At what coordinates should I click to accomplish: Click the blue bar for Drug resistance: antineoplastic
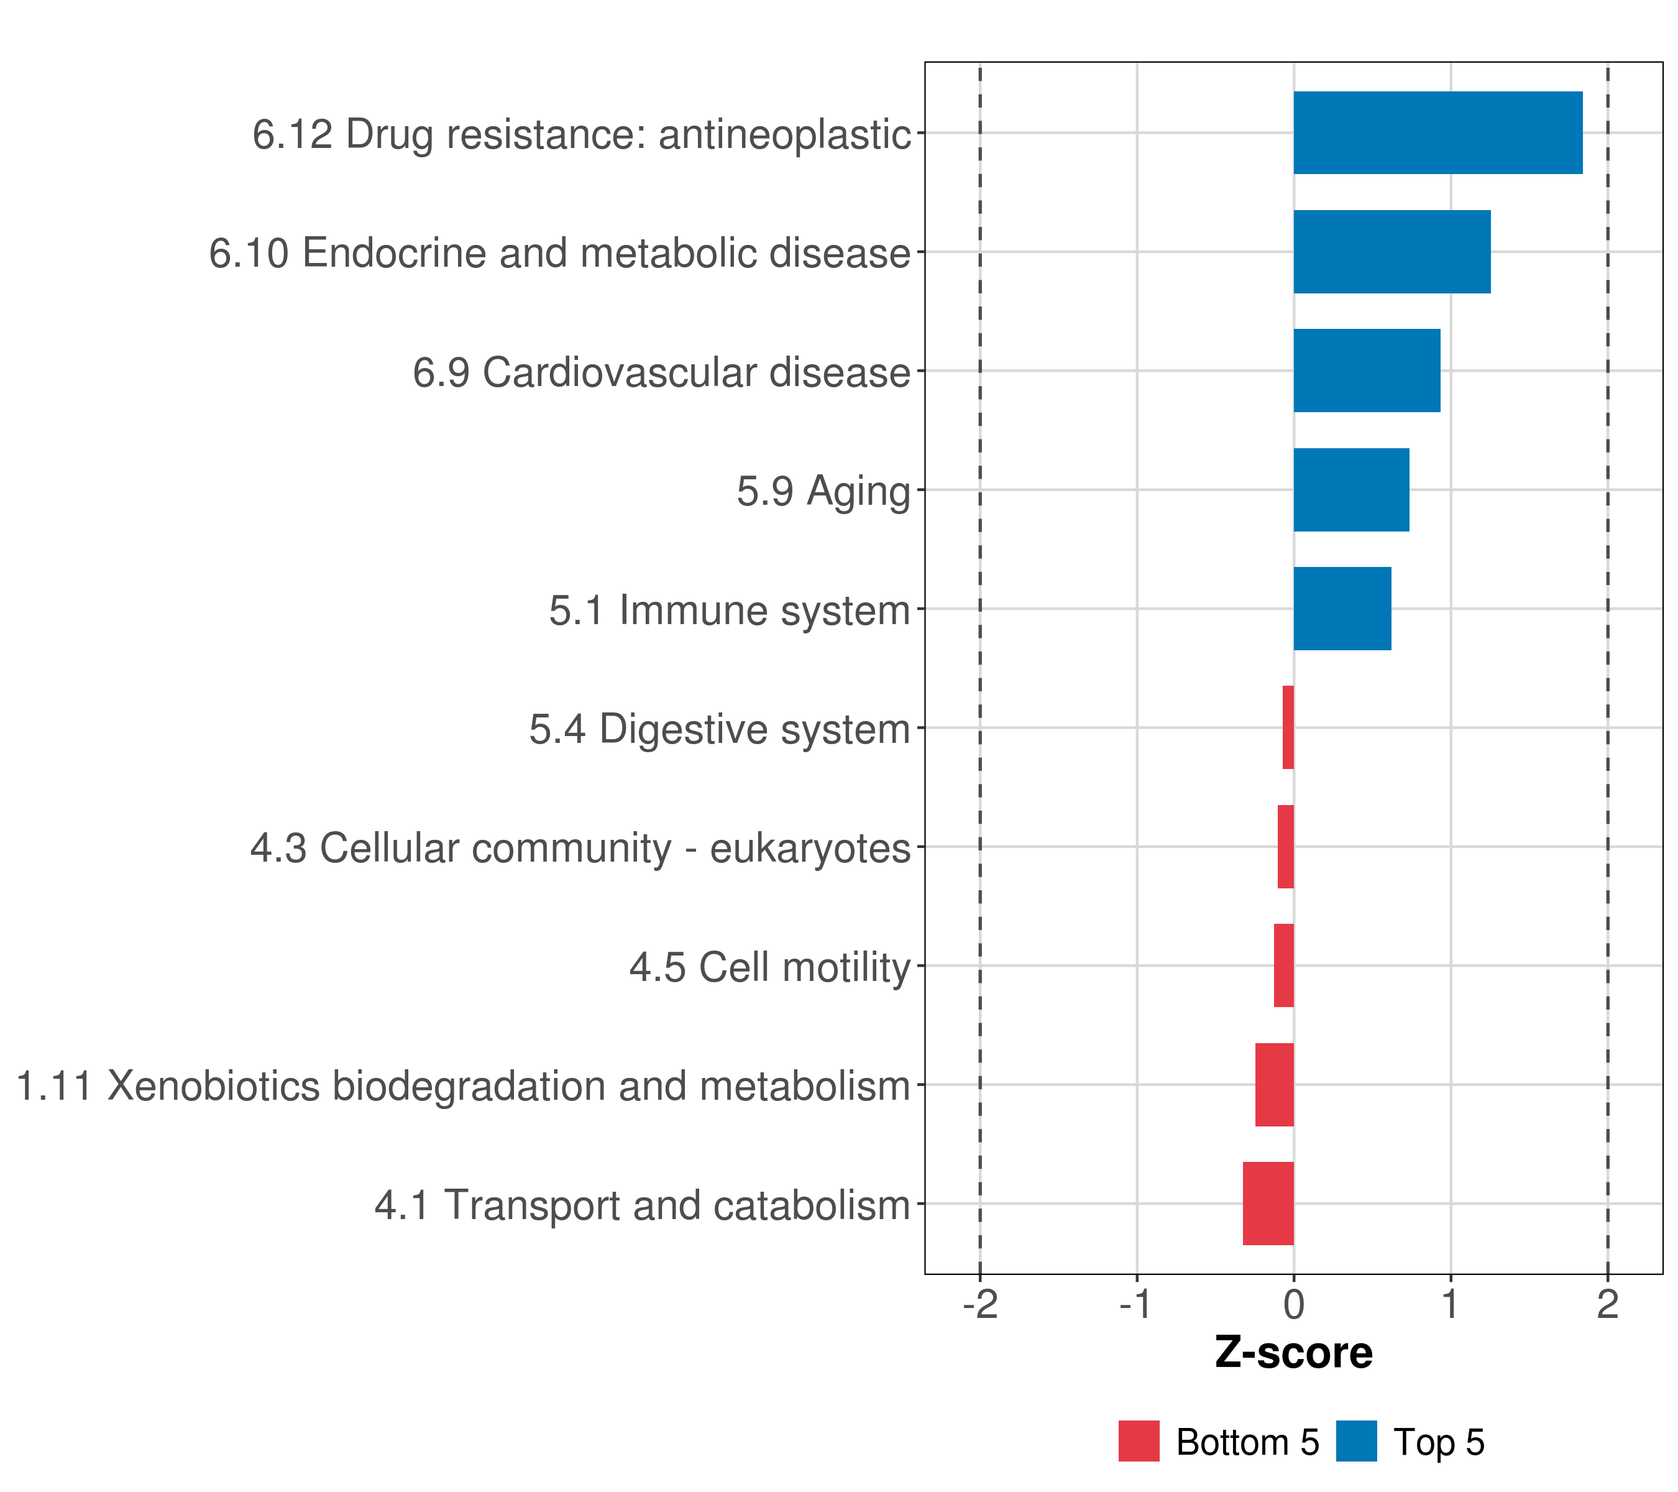[x=1437, y=133]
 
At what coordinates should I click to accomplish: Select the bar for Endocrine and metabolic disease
[x=1391, y=252]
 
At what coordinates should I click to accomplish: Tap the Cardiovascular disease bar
[x=1367, y=371]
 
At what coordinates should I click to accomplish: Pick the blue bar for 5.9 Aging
[x=1351, y=490]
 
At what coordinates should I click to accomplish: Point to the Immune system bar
[x=1342, y=609]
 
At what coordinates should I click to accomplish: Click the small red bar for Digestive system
[x=1288, y=727]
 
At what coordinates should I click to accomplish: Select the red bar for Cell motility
[x=1284, y=965]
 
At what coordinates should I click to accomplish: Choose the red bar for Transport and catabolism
[x=1268, y=1204]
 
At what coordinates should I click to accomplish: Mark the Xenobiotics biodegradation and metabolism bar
[x=1274, y=1085]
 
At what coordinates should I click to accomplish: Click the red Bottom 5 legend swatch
[x=1139, y=1441]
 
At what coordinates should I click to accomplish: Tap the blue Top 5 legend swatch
[x=1356, y=1441]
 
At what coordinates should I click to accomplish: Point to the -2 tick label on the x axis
[x=980, y=1304]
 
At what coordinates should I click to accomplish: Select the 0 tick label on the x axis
[x=1294, y=1304]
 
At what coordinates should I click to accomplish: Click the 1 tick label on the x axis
[x=1451, y=1304]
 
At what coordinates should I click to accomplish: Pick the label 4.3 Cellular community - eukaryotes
[x=580, y=848]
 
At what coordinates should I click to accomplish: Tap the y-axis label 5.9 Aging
[x=823, y=492]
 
